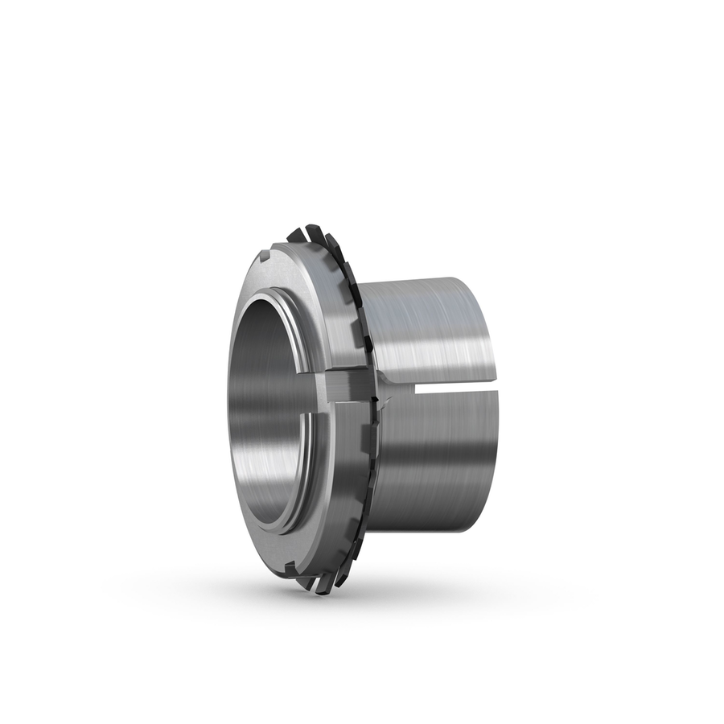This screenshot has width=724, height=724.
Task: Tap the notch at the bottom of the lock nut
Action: click(x=291, y=570)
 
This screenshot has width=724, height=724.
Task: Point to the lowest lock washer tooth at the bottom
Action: click(x=323, y=586)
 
